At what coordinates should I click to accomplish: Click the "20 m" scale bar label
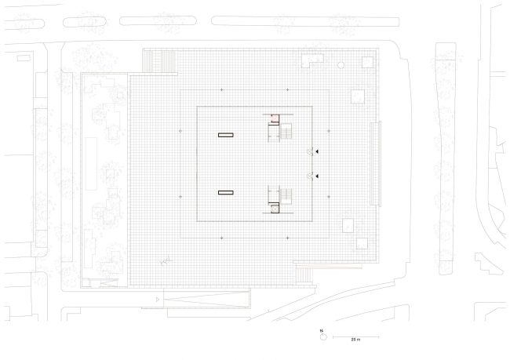[x=355, y=340]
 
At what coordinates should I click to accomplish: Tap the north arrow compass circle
[x=323, y=337]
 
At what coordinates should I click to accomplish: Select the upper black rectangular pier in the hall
[x=226, y=135]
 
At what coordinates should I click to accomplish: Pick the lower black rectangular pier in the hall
[x=226, y=192]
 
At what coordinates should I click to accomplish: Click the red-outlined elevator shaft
[x=275, y=118]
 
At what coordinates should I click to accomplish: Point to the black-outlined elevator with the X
[x=275, y=209]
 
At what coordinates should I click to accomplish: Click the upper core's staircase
[x=286, y=131]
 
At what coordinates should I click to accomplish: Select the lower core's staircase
[x=286, y=196]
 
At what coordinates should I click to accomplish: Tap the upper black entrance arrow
[x=317, y=151]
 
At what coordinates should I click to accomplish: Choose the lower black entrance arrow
[x=317, y=176]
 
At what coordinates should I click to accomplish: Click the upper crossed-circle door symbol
[x=309, y=151]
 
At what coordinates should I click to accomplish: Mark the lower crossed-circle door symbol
[x=309, y=176]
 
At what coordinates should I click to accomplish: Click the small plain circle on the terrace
[x=341, y=65]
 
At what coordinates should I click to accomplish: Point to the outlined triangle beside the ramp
[x=158, y=300]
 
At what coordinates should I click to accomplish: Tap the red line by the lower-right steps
[x=330, y=268]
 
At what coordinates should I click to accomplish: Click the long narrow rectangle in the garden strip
[x=91, y=164]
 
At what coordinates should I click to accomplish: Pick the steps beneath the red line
[x=304, y=276]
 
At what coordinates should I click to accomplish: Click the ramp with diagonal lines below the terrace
[x=206, y=299]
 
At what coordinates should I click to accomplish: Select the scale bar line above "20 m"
[x=356, y=337]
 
